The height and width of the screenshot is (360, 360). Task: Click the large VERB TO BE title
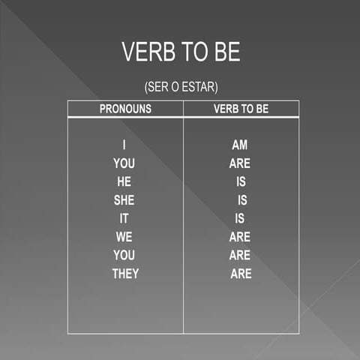pyautogui.click(x=181, y=52)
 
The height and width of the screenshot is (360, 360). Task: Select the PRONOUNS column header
pyautogui.click(x=125, y=109)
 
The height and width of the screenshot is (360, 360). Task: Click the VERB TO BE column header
pyautogui.click(x=241, y=109)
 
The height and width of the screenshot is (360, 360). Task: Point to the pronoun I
pyautogui.click(x=124, y=145)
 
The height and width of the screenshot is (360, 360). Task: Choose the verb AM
pyautogui.click(x=240, y=145)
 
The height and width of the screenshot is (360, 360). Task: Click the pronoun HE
pyautogui.click(x=124, y=181)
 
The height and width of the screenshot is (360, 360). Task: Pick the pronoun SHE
pyautogui.click(x=124, y=200)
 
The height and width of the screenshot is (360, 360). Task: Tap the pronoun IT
pyautogui.click(x=124, y=218)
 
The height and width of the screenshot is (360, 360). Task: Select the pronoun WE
pyautogui.click(x=124, y=237)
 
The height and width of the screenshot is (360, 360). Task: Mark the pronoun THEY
pyautogui.click(x=125, y=274)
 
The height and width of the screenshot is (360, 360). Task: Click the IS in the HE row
pyautogui.click(x=241, y=181)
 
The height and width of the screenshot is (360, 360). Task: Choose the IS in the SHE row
pyautogui.click(x=241, y=200)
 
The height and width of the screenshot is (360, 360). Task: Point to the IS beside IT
pyautogui.click(x=240, y=218)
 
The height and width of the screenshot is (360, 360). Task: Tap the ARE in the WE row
pyautogui.click(x=240, y=237)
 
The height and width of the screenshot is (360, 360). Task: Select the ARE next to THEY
pyautogui.click(x=241, y=274)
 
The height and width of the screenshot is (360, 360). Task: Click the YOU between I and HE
pyautogui.click(x=124, y=163)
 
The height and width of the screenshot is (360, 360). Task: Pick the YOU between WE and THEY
pyautogui.click(x=124, y=255)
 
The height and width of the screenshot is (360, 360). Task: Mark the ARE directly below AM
pyautogui.click(x=240, y=163)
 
